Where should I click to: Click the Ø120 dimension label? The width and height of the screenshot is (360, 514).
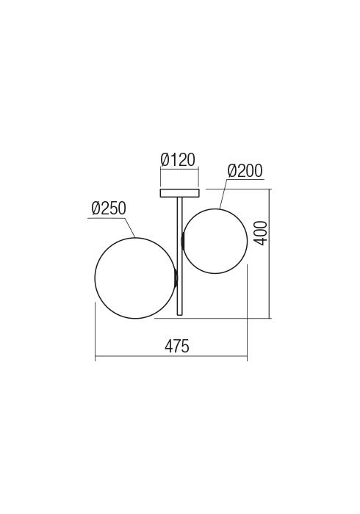click(x=179, y=159)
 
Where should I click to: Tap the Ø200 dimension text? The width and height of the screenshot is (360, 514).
click(x=245, y=171)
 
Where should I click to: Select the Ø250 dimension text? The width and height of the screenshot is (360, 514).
click(x=109, y=209)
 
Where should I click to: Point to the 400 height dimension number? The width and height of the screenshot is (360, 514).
click(x=260, y=233)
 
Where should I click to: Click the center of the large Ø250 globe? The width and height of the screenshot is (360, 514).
click(x=135, y=278)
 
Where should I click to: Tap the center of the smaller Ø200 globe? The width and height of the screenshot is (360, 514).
click(x=215, y=241)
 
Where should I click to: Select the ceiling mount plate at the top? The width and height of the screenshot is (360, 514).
click(x=179, y=193)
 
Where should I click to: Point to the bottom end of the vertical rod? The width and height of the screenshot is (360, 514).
click(x=179, y=314)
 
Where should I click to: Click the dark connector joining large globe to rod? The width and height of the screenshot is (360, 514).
click(x=175, y=278)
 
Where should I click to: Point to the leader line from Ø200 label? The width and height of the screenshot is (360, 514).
click(x=222, y=193)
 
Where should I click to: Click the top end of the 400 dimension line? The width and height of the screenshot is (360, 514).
click(x=271, y=189)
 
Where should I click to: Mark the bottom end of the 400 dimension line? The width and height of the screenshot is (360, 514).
click(x=271, y=318)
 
